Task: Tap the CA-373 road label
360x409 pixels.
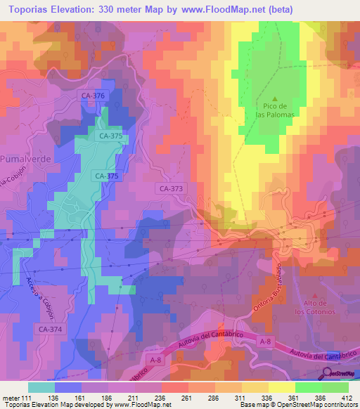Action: tap(171, 188)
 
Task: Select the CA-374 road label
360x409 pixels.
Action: tap(51, 328)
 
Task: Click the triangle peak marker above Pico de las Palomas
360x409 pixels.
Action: tap(275, 98)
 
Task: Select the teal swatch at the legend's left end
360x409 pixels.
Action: tap(41, 387)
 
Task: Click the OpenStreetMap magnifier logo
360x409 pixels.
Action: tap(328, 375)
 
